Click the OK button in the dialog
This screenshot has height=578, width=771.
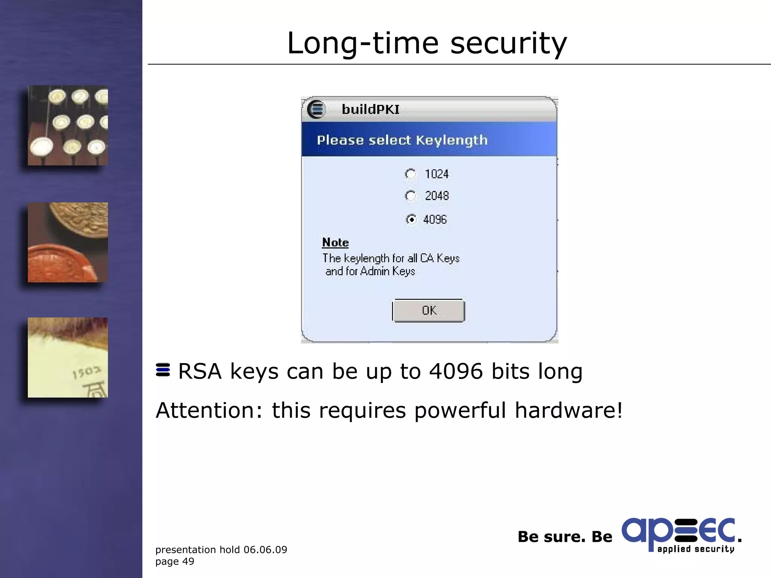coord(428,310)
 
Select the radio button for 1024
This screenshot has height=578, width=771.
coord(410,174)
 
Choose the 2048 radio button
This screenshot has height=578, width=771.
coord(410,196)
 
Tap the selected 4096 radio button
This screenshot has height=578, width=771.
coord(411,219)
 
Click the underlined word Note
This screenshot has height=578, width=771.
coord(335,243)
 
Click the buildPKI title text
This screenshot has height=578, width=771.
coord(370,110)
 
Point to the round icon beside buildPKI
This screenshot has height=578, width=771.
coord(315,110)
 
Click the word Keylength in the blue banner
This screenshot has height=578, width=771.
coord(452,140)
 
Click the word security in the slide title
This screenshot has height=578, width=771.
coord(508,44)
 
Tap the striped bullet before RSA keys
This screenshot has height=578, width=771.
coord(163,370)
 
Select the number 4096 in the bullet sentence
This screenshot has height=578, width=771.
coord(456,371)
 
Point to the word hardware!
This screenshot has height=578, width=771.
coord(568,410)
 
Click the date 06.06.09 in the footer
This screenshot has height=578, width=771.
coord(265,550)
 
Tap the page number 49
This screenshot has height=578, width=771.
coord(188,561)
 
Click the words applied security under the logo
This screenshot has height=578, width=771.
coord(696,549)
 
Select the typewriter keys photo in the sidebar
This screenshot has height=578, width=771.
coord(68,125)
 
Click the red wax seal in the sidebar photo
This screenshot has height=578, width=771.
coord(60,263)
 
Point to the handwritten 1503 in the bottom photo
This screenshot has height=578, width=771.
coord(87,372)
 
